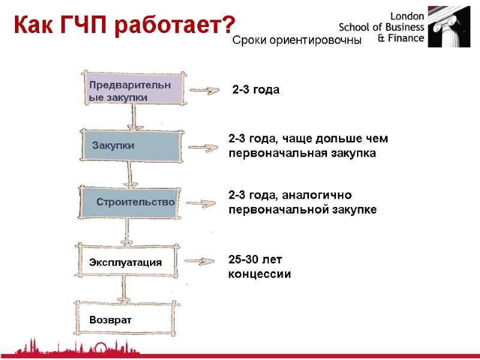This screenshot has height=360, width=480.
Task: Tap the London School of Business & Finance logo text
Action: [x=382, y=28]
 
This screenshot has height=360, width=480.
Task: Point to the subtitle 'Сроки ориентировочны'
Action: [x=297, y=41]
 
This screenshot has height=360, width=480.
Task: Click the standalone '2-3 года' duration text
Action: [x=256, y=90]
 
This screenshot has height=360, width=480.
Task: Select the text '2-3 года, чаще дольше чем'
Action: [x=308, y=139]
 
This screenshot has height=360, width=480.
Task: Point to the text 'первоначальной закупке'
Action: [x=302, y=209]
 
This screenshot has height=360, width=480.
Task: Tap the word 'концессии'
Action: [x=260, y=274]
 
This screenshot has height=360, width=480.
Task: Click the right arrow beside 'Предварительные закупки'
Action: [x=205, y=91]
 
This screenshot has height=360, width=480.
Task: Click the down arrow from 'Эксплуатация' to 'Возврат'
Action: [x=125, y=290]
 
